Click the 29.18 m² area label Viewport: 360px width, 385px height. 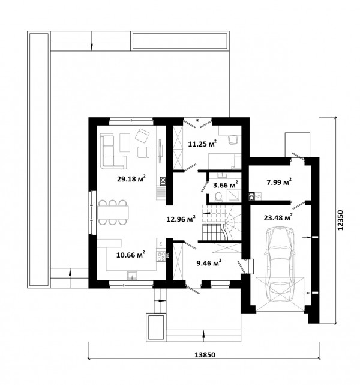click(131, 178)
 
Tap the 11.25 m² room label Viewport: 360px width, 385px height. click(202, 144)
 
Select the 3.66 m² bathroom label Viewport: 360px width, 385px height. click(226, 184)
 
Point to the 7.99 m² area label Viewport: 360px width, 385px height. click(279, 182)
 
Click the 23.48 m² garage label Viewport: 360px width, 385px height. click(278, 217)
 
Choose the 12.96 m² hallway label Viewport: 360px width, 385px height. click(181, 219)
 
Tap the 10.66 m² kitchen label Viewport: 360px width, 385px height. click(131, 255)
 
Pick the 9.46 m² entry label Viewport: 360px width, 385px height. click(209, 263)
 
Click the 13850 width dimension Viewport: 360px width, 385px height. click(205, 355)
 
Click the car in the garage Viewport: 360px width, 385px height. click(280, 264)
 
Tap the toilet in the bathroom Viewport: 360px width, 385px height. click(218, 197)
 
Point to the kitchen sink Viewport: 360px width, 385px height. click(133, 276)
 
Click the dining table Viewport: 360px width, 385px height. click(113, 213)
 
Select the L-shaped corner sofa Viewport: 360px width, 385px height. click(113, 151)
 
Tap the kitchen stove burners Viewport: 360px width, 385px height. click(161, 256)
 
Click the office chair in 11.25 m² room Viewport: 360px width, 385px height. click(233, 140)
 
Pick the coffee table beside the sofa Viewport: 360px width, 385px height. click(125, 143)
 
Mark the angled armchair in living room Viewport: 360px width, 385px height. click(142, 136)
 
